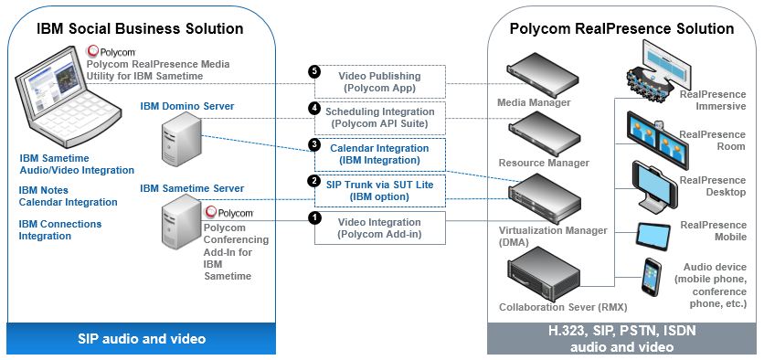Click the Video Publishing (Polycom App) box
pyautogui.click(x=379, y=81)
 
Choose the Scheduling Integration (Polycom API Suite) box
pyautogui.click(x=379, y=116)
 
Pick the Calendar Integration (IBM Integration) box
pyautogui.click(x=379, y=153)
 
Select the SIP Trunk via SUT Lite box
pyautogui.click(x=379, y=189)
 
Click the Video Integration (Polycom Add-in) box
pyautogui.click(x=379, y=228)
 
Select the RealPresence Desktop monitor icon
pyautogui.click(x=654, y=184)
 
